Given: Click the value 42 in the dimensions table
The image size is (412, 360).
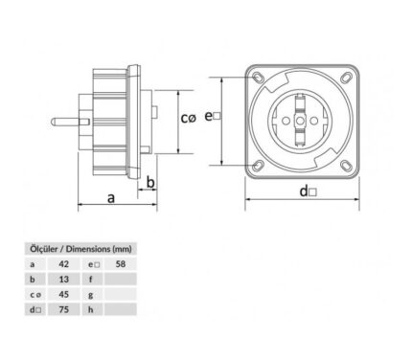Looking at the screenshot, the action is point(64,264).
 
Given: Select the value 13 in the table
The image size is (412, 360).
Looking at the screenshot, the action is point(64,280).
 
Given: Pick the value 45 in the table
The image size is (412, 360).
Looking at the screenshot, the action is point(64,294).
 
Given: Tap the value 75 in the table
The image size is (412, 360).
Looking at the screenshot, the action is point(64,309).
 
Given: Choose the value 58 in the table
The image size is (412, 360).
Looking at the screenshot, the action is point(121,264).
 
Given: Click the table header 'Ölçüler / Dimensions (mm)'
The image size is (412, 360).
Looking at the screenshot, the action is point(80,249).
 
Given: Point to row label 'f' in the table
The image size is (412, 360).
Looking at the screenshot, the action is point(91,280).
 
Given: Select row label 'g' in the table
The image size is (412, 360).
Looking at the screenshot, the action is point(91,295).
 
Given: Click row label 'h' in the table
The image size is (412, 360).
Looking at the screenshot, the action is point(91,309).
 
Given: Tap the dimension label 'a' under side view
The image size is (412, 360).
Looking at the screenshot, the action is point(111,198).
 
